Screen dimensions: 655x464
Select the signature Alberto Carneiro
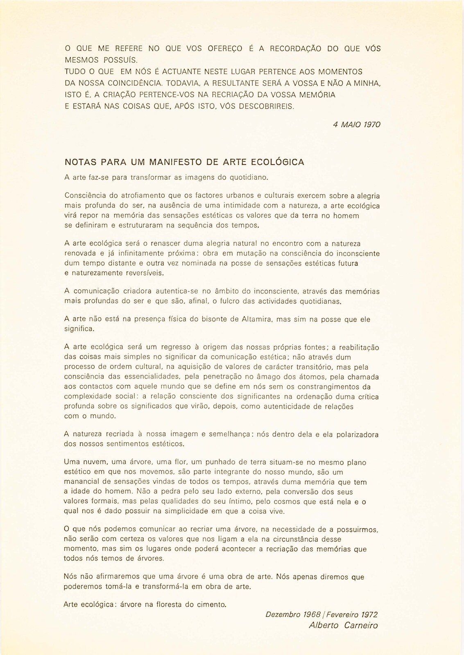[x=343, y=626]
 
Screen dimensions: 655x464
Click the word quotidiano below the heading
[x=249, y=178]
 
